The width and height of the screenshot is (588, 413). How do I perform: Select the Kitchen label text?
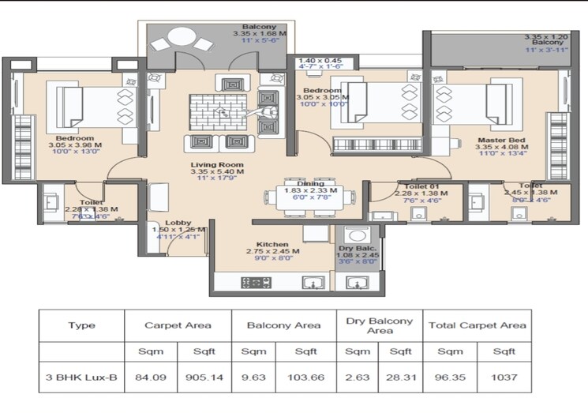(272, 245)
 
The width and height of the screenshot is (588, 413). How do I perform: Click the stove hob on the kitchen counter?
(256, 283)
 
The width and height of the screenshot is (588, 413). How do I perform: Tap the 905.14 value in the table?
(204, 377)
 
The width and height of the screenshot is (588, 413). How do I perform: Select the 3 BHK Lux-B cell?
(81, 377)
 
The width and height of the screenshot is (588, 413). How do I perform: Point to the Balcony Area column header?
(284, 325)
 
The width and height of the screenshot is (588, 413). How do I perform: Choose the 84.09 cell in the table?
(151, 377)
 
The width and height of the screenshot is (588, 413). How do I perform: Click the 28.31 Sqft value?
(401, 377)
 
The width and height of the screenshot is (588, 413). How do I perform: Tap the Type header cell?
(81, 325)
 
